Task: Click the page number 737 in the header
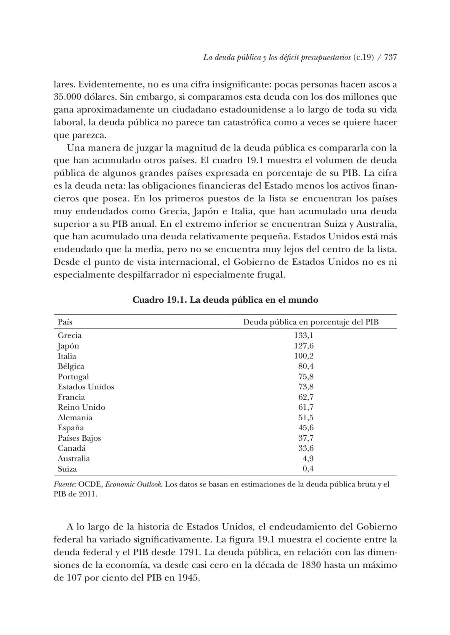(x=390, y=58)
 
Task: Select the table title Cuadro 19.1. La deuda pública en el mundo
(x=225, y=300)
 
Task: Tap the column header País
(x=65, y=322)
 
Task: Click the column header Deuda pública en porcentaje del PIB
(x=311, y=322)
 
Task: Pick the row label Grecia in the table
(x=70, y=336)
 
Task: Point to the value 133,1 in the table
(x=304, y=336)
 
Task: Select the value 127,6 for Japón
(x=304, y=346)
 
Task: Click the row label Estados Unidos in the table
(x=86, y=387)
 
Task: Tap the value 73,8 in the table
(x=306, y=387)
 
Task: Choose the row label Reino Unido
(x=81, y=407)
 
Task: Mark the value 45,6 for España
(x=306, y=428)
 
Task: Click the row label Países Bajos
(x=79, y=438)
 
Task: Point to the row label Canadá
(x=71, y=448)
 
